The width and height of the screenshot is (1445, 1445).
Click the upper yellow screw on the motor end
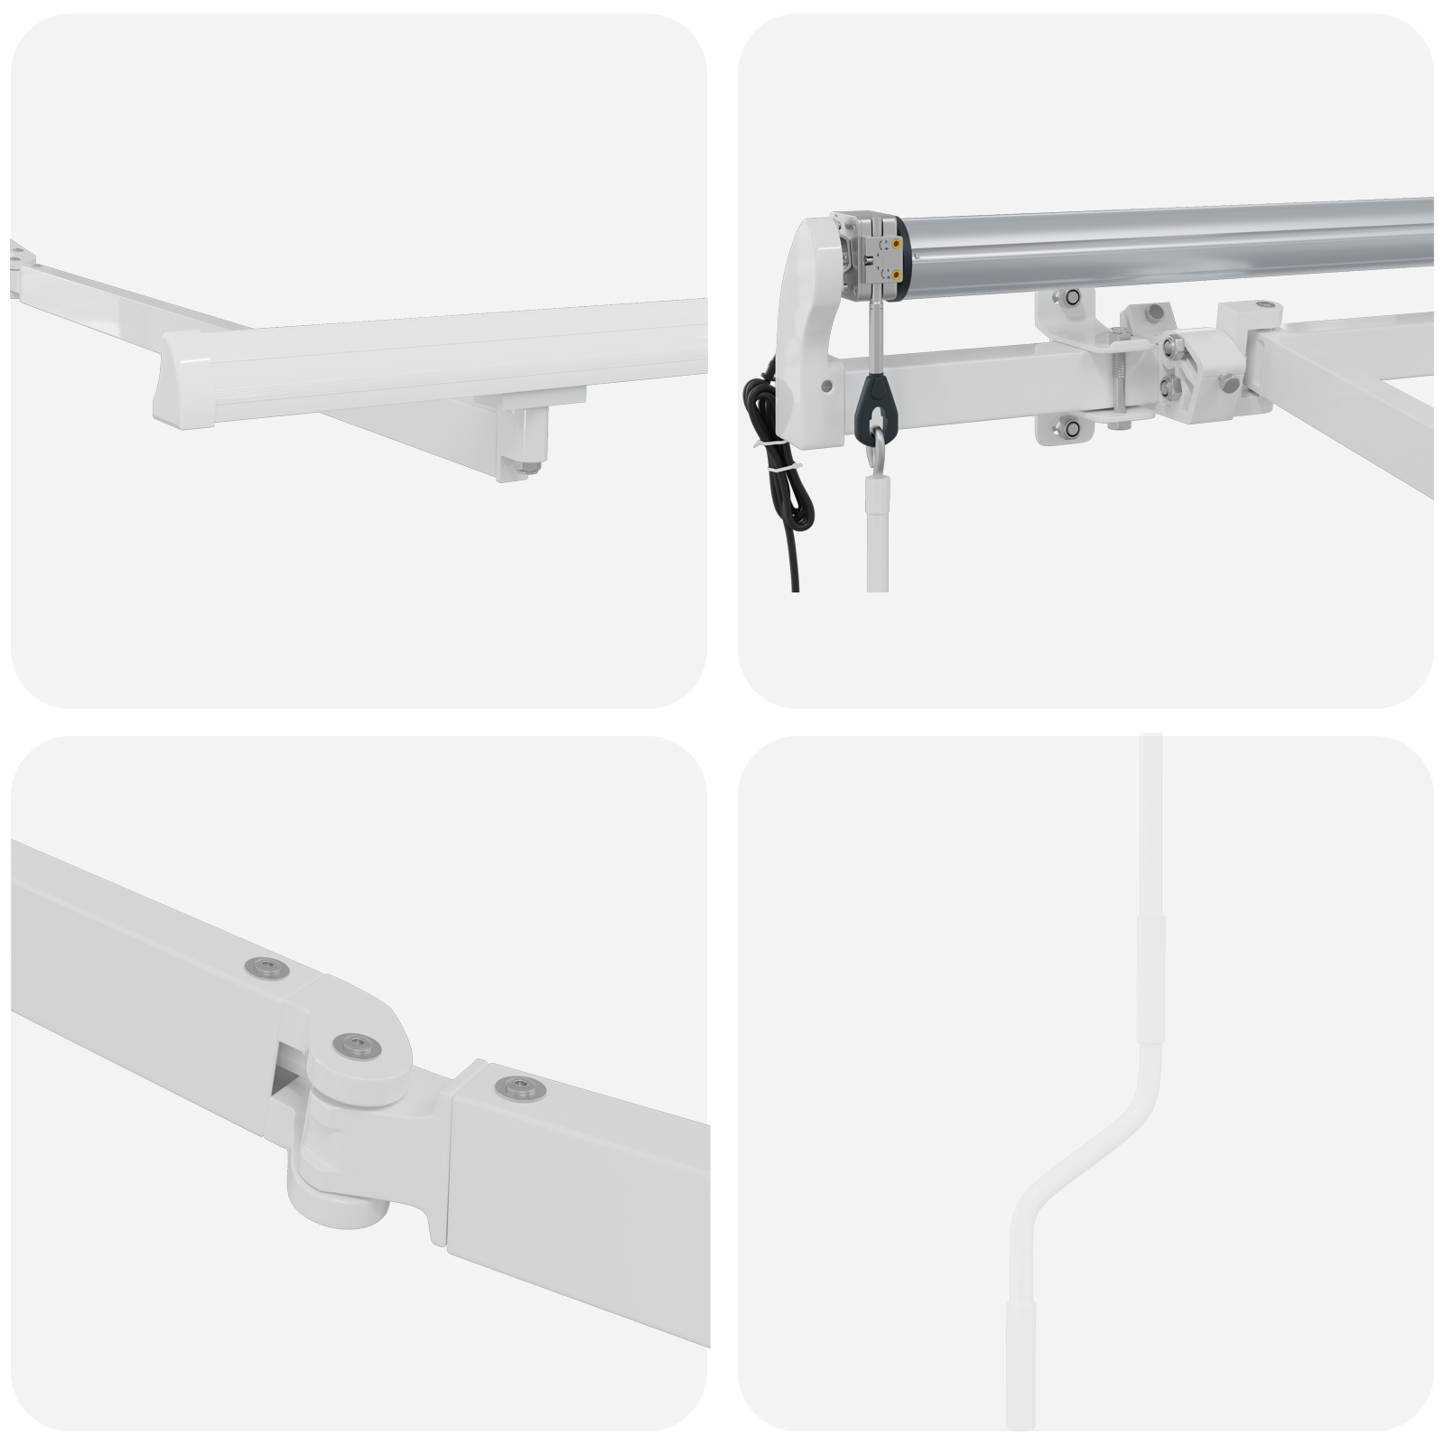(x=896, y=242)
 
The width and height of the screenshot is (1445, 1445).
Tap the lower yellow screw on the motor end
(x=896, y=273)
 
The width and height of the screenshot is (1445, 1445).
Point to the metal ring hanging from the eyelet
(x=874, y=447)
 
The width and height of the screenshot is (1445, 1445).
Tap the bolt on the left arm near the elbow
(x=265, y=968)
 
